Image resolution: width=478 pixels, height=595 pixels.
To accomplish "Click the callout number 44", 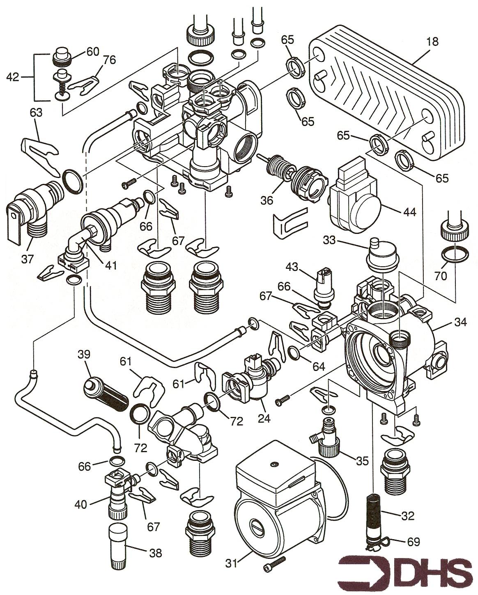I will coord(409,212).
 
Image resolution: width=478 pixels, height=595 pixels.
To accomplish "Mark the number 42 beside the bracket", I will coord(13,77).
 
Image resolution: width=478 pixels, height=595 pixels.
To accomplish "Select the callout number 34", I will coord(460,323).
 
